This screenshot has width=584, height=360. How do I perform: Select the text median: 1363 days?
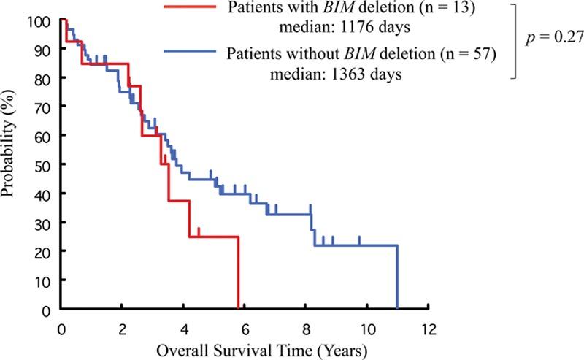pyautogui.click(x=340, y=74)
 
